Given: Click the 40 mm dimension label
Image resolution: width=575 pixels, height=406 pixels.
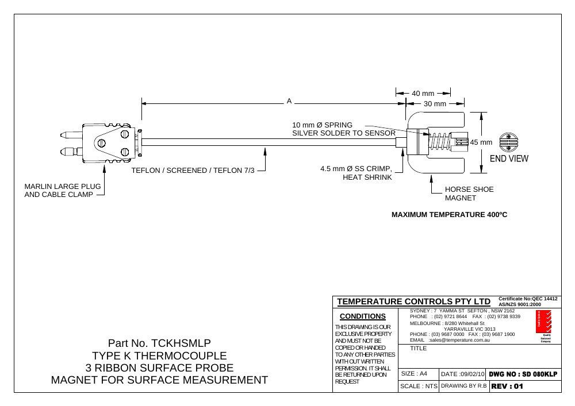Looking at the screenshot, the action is click(423, 94).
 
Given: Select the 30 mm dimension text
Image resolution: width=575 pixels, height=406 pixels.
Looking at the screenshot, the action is click(435, 103).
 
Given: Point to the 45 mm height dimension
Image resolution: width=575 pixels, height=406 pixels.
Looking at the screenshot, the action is click(481, 142).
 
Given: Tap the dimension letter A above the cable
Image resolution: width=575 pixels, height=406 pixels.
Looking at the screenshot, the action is click(289, 101).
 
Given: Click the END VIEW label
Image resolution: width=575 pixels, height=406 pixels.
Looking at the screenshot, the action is click(509, 158).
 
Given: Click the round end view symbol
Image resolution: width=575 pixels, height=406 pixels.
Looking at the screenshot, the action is click(508, 142).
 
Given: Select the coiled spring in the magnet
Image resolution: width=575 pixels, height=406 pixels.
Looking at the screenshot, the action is click(440, 142).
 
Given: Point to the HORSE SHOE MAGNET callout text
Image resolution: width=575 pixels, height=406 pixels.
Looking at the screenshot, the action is click(469, 194).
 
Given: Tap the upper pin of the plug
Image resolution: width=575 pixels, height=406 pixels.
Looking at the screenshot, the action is click(71, 135).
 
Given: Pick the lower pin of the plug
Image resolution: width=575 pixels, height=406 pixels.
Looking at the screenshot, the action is click(71, 150).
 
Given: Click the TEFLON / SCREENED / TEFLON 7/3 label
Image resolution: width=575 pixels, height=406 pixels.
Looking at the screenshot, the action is click(193, 170).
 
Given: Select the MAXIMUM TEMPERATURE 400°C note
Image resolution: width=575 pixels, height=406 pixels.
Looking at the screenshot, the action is click(449, 215).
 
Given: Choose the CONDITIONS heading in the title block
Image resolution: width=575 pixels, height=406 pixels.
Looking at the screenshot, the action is click(363, 316).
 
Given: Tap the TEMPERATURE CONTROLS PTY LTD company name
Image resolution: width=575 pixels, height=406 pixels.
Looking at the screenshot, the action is click(413, 301).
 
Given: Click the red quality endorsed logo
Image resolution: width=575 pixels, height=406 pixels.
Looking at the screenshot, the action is click(543, 322).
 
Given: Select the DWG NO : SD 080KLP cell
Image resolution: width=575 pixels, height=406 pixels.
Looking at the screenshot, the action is click(523, 374).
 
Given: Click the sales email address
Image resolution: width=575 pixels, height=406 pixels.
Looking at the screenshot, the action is click(459, 340).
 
